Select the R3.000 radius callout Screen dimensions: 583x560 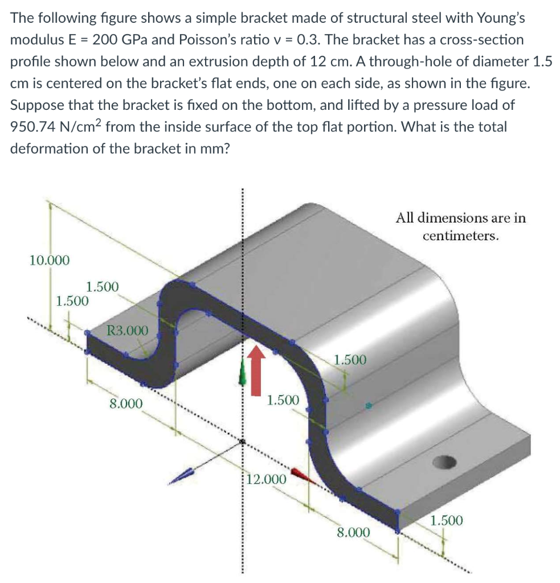pyautogui.click(x=127, y=330)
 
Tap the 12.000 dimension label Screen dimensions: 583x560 pyautogui.click(x=268, y=478)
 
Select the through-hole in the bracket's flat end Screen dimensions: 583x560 pyautogui.click(x=445, y=461)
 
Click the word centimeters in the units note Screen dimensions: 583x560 pyautogui.click(x=461, y=235)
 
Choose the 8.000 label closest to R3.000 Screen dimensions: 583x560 pyautogui.click(x=126, y=403)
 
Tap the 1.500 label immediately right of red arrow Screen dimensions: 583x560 pyautogui.click(x=283, y=400)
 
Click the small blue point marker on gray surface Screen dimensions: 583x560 pyautogui.click(x=369, y=406)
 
